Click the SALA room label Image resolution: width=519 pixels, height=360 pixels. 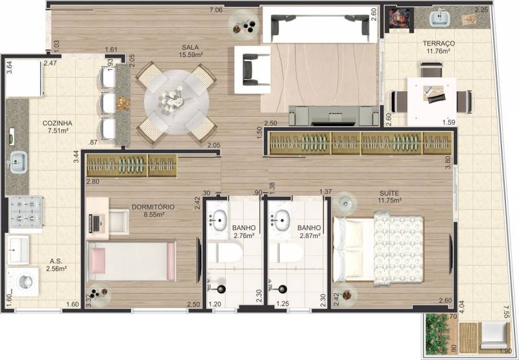coord(190,47)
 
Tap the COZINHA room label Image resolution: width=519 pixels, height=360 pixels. coord(57,123)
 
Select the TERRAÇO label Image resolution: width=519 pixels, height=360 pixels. coord(439,43)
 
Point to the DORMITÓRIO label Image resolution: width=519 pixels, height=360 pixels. coord(153,207)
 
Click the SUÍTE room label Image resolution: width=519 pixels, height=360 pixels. coord(389,193)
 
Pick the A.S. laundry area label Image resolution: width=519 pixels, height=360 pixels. coord(56,261)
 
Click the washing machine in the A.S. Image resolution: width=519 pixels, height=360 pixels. coord(23,282)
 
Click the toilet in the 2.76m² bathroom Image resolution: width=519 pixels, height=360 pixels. coord(225,252)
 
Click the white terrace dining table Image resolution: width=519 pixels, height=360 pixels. coord(431,102)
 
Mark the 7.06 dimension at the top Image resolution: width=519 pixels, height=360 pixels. coord(216,10)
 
